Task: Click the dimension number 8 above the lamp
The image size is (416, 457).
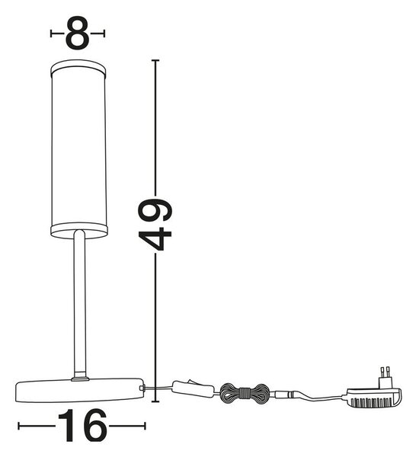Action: click(x=78, y=34)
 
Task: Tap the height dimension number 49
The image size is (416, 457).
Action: click(x=155, y=224)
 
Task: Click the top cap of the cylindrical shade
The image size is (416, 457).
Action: click(x=78, y=69)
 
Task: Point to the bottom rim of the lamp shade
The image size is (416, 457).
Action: click(x=79, y=231)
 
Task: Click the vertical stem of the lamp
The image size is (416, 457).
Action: click(x=79, y=303)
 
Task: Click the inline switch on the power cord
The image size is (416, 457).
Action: click(x=194, y=388)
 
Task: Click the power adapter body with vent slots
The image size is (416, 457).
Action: click(x=374, y=398)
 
